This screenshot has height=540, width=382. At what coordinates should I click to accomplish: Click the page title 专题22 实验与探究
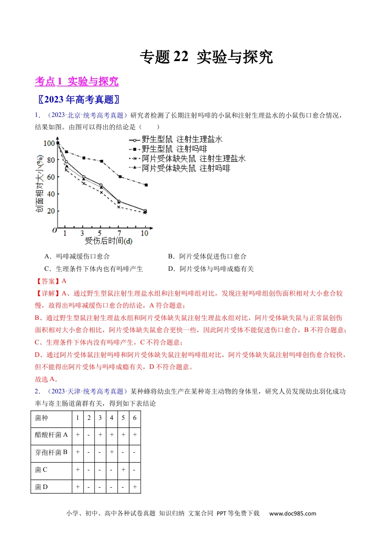click(x=206, y=57)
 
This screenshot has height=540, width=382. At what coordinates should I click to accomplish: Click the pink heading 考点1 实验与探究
click(x=76, y=82)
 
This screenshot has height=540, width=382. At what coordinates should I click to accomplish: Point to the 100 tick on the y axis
click(x=49, y=143)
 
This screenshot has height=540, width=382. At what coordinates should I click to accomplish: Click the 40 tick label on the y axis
click(x=51, y=194)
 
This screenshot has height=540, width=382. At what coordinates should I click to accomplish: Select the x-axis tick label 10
click(x=144, y=233)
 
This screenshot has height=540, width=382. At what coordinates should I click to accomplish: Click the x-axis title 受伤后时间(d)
click(x=109, y=241)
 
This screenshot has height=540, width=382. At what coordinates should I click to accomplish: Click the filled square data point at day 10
click(x=146, y=185)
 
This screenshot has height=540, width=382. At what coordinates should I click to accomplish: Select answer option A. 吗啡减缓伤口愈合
click(x=77, y=256)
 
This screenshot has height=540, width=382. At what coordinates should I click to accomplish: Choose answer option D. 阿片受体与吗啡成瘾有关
click(x=211, y=269)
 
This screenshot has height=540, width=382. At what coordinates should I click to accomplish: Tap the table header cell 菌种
click(x=42, y=418)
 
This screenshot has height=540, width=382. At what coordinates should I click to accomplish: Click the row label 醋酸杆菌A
click(x=51, y=435)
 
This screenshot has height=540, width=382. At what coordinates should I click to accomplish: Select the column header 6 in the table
click(x=135, y=418)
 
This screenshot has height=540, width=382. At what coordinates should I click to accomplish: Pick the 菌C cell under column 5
click(x=123, y=469)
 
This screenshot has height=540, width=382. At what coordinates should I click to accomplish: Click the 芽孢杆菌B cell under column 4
click(x=111, y=452)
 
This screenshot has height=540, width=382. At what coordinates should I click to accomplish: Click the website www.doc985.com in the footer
click(x=292, y=513)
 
